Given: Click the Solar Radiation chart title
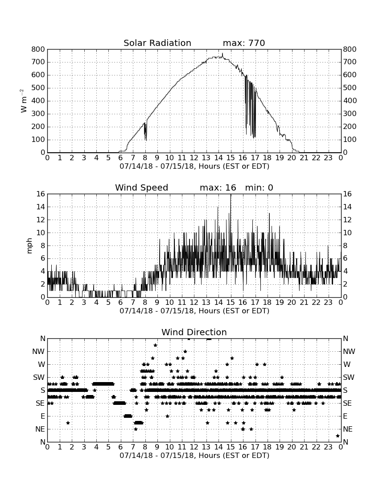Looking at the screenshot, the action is [x=157, y=43].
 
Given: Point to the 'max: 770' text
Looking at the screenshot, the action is [x=244, y=43].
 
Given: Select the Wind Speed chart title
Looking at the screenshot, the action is [x=142, y=187].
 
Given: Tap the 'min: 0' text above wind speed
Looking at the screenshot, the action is [x=259, y=187].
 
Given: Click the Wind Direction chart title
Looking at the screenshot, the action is [x=194, y=332].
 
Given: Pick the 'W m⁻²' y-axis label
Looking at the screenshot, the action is [x=24, y=101].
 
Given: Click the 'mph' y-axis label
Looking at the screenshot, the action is [x=29, y=246].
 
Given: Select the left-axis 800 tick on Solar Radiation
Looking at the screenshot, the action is [x=38, y=49].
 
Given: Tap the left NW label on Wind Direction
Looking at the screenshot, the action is [x=38, y=352].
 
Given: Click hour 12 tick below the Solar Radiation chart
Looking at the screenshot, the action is [x=194, y=158].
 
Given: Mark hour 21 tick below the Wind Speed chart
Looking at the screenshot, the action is [x=304, y=303].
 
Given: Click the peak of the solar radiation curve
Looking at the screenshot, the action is [x=222, y=53].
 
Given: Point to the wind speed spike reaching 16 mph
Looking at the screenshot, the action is [x=231, y=195].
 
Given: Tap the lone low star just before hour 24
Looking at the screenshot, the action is [x=338, y=436].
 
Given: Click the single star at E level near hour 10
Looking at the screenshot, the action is [x=167, y=416].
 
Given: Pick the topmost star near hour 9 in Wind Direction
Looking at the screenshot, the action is [x=155, y=345].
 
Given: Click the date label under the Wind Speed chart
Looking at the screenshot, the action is [x=194, y=311].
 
